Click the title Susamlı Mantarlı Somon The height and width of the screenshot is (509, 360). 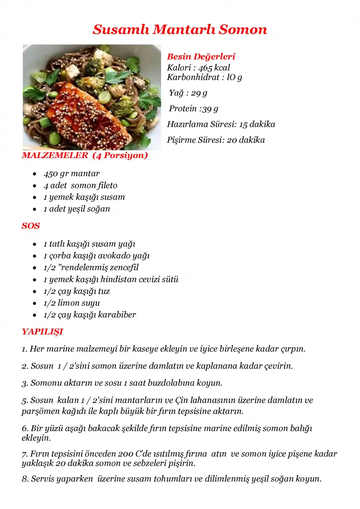[180, 29]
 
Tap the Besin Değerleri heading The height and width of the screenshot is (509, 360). [201, 57]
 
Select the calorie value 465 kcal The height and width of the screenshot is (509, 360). [214, 68]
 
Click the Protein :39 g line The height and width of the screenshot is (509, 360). [193, 108]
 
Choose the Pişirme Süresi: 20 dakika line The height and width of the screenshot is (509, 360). [216, 140]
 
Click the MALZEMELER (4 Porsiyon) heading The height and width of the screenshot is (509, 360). [85, 155]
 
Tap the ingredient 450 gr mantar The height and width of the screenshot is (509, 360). [72, 173]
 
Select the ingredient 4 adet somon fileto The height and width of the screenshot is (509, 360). [81, 185]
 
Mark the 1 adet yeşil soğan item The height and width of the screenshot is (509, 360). [77, 209]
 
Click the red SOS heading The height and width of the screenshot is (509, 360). [31, 226]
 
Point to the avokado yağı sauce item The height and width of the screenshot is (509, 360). [126, 255]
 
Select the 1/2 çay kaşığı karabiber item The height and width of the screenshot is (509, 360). [90, 315]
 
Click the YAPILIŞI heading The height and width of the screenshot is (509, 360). [42, 332]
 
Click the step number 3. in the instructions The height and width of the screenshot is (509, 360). [25, 383]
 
